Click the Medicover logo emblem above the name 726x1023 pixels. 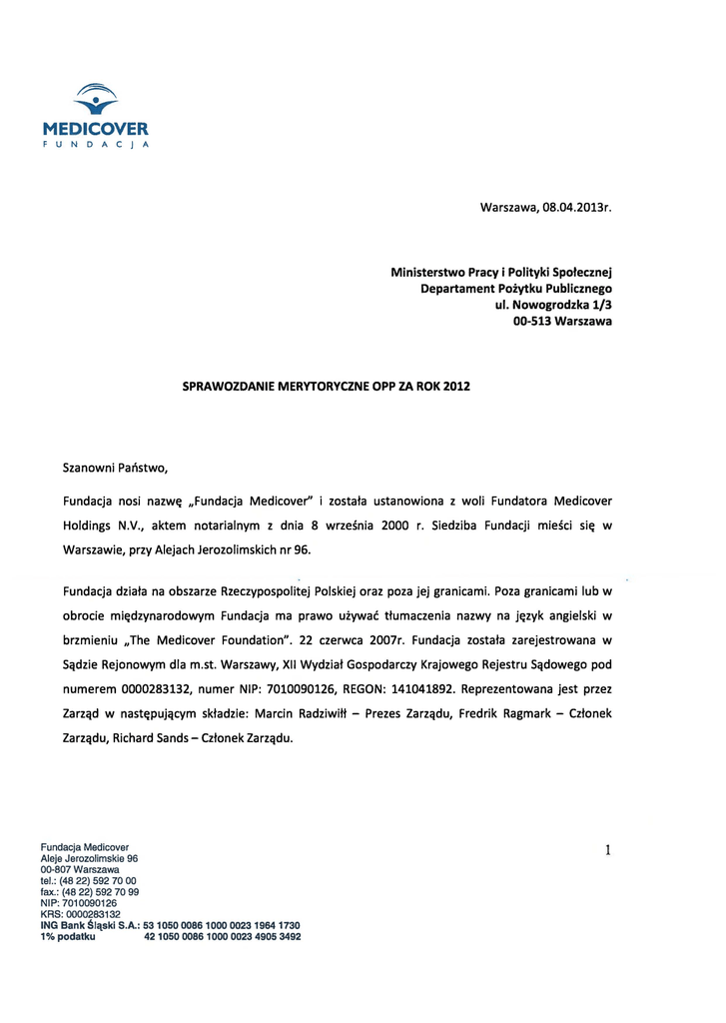96,99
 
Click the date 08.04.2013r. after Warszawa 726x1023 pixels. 576,208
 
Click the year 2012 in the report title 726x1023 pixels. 455,385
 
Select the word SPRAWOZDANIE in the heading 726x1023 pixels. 232,385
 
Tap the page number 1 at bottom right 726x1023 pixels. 607,850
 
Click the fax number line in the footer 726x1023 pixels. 89,891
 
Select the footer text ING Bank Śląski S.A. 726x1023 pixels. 89,925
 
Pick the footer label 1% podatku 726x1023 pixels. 68,936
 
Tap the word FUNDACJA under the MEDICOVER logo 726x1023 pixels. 96,144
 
